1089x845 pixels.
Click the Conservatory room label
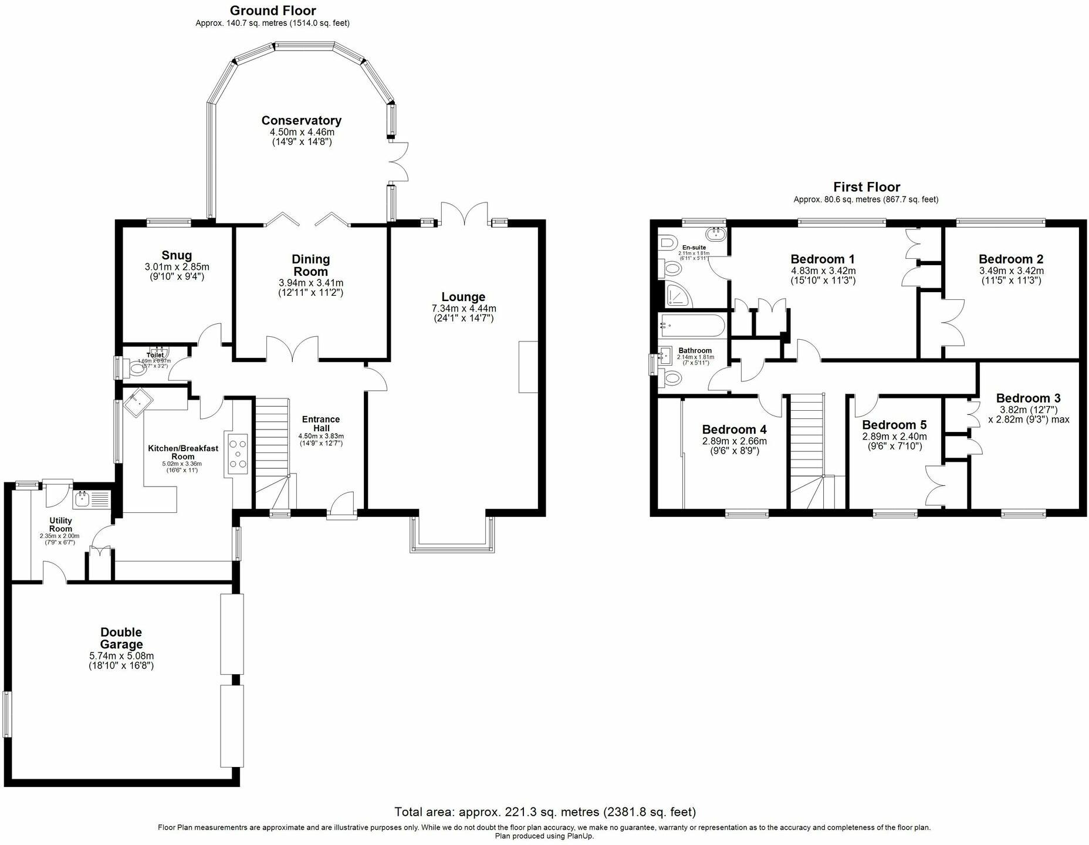pos(301,120)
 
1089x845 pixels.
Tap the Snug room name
pos(177,255)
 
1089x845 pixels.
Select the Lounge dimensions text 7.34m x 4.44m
pos(464,308)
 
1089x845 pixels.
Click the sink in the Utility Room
pos(82,500)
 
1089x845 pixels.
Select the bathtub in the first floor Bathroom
pos(693,325)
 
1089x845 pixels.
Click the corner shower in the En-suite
pos(678,296)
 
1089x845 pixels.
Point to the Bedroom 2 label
pos(1010,259)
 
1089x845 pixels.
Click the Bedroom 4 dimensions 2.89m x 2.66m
pos(734,441)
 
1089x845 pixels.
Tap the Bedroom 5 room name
pos(894,425)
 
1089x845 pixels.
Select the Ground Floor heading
pos(272,11)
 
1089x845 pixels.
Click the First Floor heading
pos(866,187)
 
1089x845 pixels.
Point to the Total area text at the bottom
pos(544,812)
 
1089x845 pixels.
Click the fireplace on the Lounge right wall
pos(527,367)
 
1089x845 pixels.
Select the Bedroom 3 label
pos(1028,398)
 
